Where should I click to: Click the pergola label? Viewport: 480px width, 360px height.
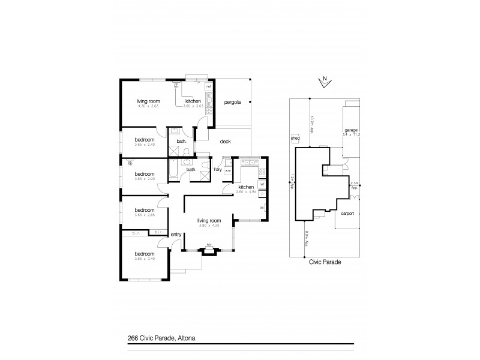point(233,103)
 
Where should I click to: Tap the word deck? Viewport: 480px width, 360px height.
point(226,142)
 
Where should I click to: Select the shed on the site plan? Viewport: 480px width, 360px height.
point(295,137)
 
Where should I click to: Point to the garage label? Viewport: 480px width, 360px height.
point(351,130)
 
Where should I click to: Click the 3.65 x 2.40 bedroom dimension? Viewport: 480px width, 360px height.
point(145,145)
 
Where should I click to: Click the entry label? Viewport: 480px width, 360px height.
point(176,234)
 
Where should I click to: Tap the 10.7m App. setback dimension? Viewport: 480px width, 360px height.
point(311,122)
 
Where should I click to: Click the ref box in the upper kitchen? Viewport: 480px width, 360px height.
point(209,87)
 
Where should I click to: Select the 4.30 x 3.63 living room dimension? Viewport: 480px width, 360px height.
point(148,106)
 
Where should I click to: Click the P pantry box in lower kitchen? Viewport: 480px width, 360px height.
point(262,194)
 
